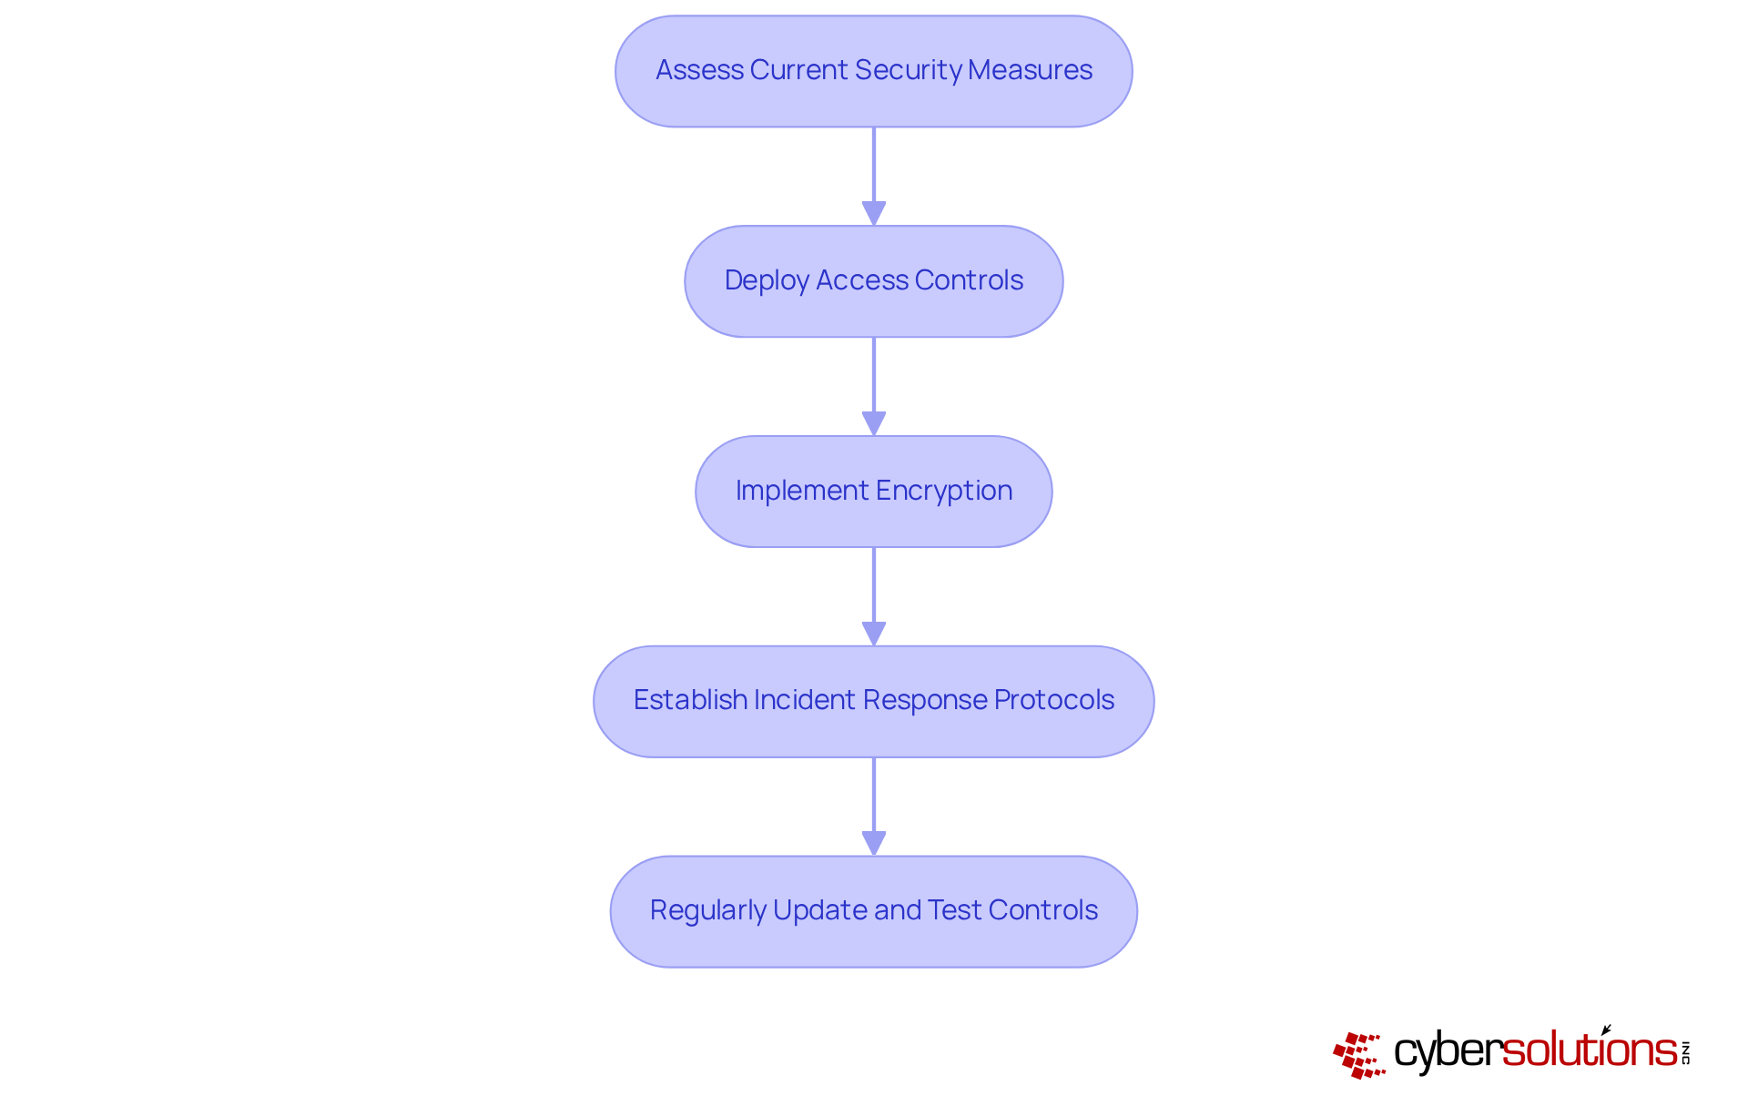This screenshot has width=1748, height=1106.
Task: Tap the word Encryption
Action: click(x=944, y=491)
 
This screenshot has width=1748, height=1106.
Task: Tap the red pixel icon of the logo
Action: click(x=1358, y=1054)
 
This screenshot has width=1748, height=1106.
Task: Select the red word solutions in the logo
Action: click(x=1590, y=1050)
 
